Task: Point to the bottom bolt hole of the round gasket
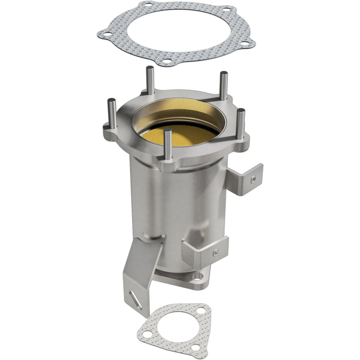click(167, 62)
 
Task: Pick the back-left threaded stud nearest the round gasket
click(149, 81)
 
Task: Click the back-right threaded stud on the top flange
click(224, 87)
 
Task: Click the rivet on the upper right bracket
click(253, 179)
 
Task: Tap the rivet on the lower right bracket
click(216, 252)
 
